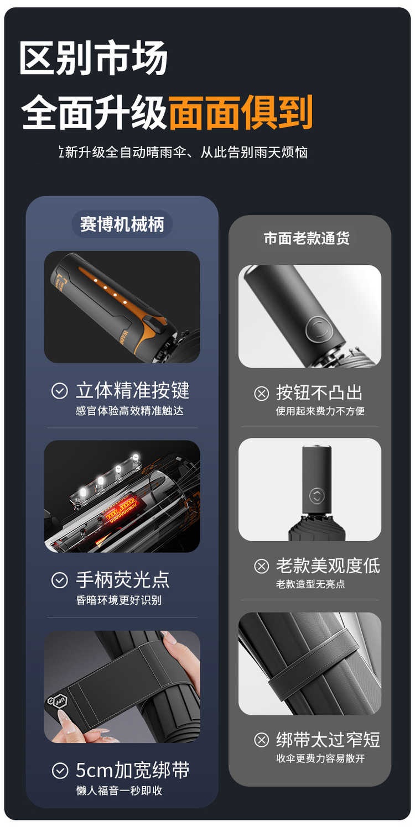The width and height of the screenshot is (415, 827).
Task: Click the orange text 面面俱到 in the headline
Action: click(241, 112)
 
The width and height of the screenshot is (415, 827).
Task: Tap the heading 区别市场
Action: click(94, 57)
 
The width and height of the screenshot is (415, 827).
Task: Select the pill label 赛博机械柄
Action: click(122, 224)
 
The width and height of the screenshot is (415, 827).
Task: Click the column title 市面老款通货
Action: click(307, 238)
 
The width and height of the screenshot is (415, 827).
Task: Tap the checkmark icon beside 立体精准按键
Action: click(60, 391)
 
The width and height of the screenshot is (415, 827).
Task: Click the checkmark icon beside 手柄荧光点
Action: click(60, 580)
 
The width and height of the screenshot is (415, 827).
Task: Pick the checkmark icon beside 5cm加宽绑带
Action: click(60, 771)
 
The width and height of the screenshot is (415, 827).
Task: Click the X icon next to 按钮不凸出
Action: click(262, 393)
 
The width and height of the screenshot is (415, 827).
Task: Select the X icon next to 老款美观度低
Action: click(262, 566)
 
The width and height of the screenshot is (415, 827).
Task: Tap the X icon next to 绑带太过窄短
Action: click(262, 740)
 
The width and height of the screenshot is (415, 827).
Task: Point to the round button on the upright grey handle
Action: click(317, 496)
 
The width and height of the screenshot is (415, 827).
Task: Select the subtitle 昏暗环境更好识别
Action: click(119, 600)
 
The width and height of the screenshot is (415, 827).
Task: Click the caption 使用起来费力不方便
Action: click(320, 411)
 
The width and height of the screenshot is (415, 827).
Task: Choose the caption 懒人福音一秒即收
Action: click(119, 791)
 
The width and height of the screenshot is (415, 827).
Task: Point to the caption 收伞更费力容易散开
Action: click(320, 758)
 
